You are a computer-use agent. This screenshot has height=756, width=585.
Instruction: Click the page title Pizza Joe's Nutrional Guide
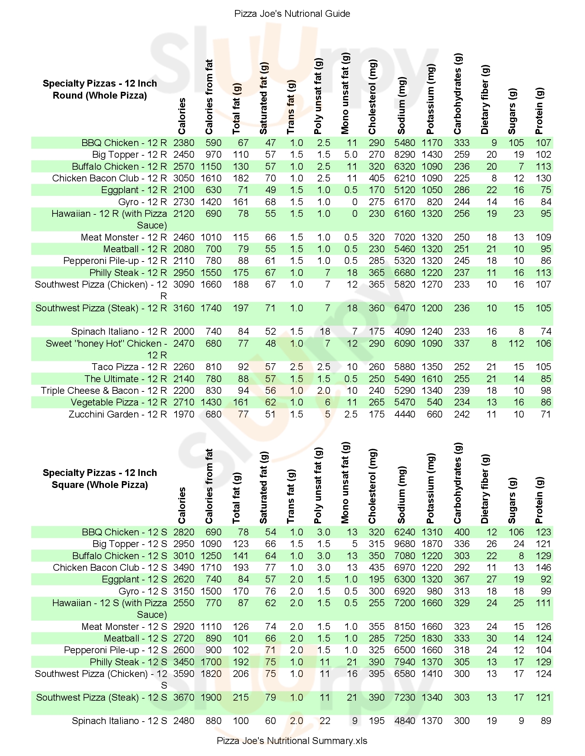292,13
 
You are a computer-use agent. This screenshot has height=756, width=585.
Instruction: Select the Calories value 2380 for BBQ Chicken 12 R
184,143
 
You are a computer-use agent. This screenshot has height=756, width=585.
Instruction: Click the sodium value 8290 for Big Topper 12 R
404,154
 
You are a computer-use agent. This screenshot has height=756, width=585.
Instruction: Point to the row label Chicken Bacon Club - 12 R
109,178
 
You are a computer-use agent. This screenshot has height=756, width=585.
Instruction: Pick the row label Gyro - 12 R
142,202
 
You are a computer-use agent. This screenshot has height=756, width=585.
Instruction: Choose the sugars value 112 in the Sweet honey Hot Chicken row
516,343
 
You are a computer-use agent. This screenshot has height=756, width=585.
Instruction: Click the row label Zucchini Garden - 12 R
118,414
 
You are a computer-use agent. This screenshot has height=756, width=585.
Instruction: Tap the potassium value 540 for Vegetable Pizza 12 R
434,402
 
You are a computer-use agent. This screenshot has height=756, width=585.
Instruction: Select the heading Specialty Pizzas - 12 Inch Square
100,479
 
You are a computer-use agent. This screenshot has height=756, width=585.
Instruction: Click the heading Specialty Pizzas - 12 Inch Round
100,89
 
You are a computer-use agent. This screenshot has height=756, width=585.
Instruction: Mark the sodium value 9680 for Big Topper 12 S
404,544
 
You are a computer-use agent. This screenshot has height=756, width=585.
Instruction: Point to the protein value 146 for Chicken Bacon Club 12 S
543,567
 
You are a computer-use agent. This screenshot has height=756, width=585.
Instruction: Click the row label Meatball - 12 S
136,638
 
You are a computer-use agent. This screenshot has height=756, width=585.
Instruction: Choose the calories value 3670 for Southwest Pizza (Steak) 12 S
184,697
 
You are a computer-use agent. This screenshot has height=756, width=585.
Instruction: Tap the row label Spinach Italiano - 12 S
119,721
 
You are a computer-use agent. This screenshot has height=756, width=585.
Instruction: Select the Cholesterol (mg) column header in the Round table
372,97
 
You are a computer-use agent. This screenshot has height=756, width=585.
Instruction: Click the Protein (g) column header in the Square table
539,500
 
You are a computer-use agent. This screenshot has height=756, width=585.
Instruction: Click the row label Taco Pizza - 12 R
129,367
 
